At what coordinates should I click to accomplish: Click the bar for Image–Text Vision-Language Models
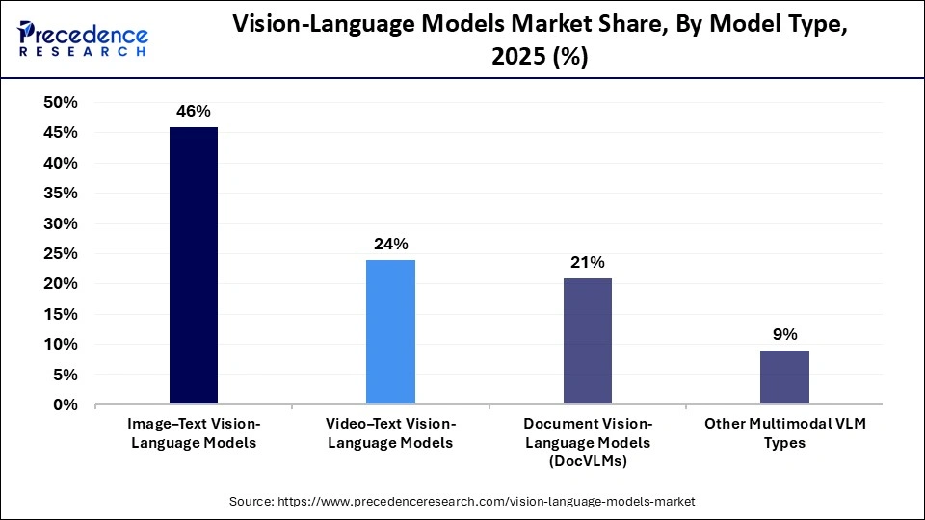(194, 266)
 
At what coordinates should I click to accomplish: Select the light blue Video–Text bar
(390, 332)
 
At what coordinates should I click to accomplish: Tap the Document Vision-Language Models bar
(587, 341)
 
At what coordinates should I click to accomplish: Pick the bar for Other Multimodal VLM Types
(784, 377)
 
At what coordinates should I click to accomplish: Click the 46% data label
(194, 112)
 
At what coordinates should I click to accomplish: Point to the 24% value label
(390, 245)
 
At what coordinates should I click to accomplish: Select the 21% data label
(587, 262)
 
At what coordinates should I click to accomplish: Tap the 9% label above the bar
(784, 335)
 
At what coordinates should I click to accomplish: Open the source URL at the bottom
(462, 502)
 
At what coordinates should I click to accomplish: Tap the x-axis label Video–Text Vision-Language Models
(390, 433)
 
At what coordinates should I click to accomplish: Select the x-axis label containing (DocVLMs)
(587, 443)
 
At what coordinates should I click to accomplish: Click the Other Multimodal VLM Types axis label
(784, 433)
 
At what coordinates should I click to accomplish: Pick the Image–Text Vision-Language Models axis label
(194, 433)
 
